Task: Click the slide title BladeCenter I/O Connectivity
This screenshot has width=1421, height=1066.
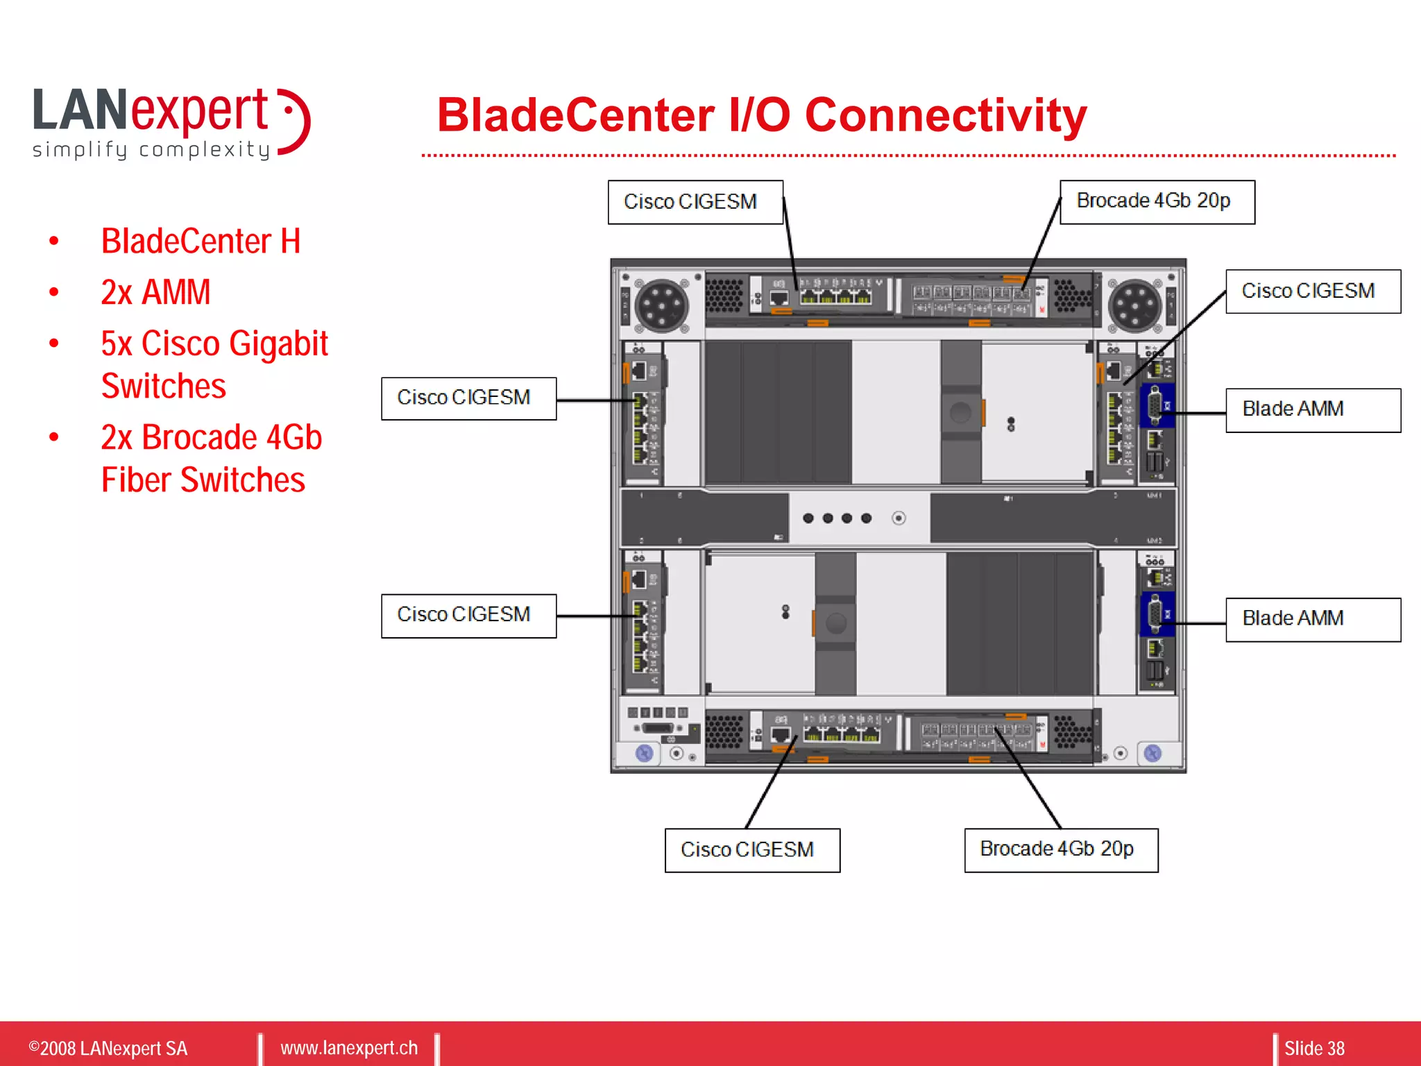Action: pyautogui.click(x=761, y=115)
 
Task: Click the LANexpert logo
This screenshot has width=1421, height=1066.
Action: pyautogui.click(x=171, y=123)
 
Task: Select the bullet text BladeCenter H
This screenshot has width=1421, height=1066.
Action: pyautogui.click(x=201, y=242)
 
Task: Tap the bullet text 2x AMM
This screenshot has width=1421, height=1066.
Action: pyautogui.click(x=155, y=292)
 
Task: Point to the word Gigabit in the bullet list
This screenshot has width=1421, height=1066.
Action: pyautogui.click(x=278, y=344)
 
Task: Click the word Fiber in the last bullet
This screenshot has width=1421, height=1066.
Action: pyautogui.click(x=136, y=480)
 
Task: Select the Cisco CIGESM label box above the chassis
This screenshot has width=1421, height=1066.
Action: pyautogui.click(x=695, y=202)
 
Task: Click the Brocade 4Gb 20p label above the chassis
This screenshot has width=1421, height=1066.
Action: pyautogui.click(x=1157, y=202)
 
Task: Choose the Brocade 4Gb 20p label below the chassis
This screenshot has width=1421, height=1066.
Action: pyautogui.click(x=1060, y=849)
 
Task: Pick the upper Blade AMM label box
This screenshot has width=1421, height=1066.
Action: pyautogui.click(x=1312, y=410)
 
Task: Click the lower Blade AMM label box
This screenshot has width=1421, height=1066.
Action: pyautogui.click(x=1312, y=619)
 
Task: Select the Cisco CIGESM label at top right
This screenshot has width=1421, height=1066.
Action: pyautogui.click(x=1312, y=291)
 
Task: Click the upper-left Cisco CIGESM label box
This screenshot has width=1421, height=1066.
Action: pyautogui.click(x=468, y=398)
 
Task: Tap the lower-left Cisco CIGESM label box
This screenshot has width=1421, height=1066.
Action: pyautogui.click(x=468, y=616)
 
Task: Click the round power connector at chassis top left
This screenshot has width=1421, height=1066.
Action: pyautogui.click(x=661, y=306)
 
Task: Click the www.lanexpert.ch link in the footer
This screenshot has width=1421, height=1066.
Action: pyautogui.click(x=349, y=1048)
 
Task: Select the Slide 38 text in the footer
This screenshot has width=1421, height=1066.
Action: pyautogui.click(x=1313, y=1048)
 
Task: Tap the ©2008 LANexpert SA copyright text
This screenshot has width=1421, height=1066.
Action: pyautogui.click(x=108, y=1048)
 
